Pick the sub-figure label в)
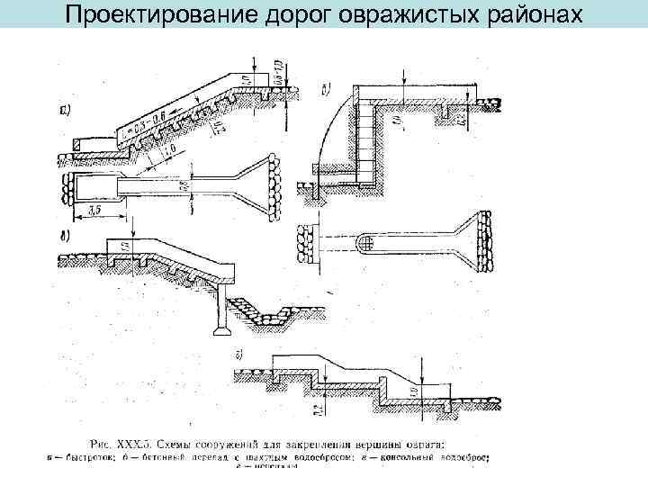click(x=65, y=238)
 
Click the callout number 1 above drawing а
click(x=256, y=62)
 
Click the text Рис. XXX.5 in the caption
click(x=121, y=442)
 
